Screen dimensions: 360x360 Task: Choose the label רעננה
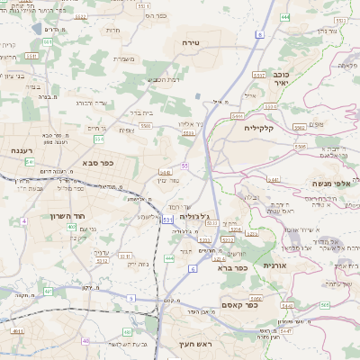click(x=22, y=150)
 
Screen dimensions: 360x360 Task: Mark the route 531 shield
click(x=168, y=219)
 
